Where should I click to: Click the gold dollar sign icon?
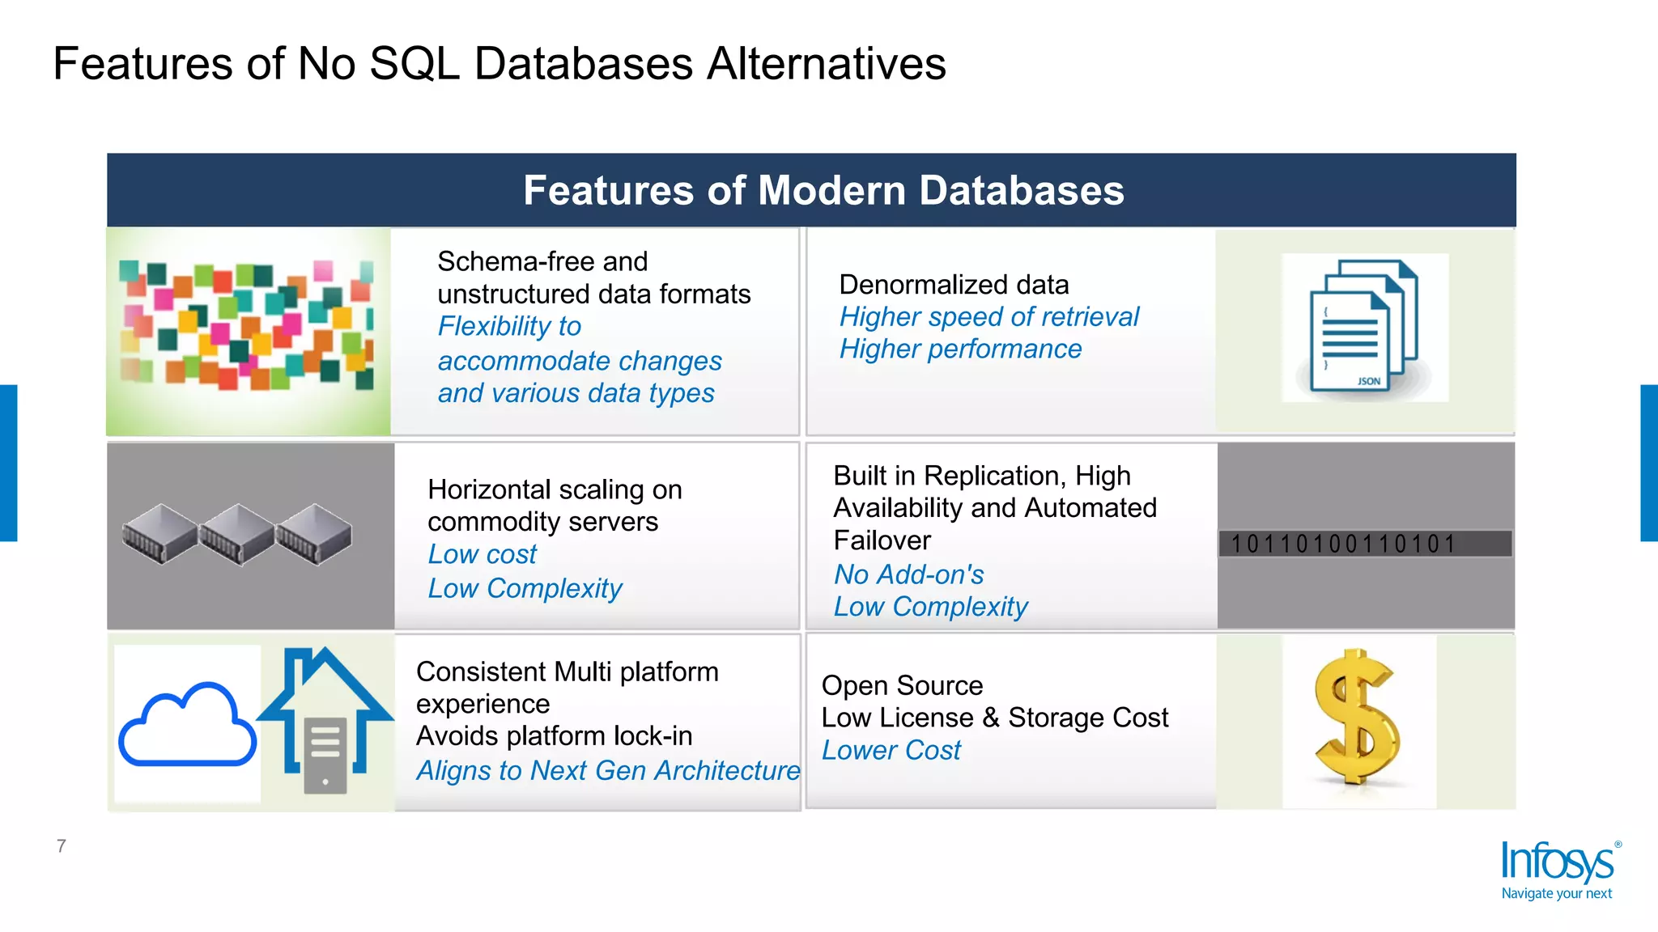coord(1358,718)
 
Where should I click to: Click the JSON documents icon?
coord(1364,327)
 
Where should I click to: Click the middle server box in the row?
coord(237,534)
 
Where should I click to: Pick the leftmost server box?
coord(159,534)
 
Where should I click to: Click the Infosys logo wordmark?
coord(1557,862)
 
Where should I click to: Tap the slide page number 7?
coord(62,846)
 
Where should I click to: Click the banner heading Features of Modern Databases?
coord(823,191)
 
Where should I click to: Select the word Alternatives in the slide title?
coord(826,64)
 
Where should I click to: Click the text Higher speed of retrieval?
coord(988,317)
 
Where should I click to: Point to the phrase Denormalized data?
coord(954,285)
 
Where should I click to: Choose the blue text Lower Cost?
coord(891,751)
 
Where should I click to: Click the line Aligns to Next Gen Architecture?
coord(607,770)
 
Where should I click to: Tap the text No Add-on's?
coord(908,574)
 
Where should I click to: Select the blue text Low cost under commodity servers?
coord(482,555)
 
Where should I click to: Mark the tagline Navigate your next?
coord(1556,894)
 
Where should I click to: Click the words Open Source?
coord(902,686)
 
